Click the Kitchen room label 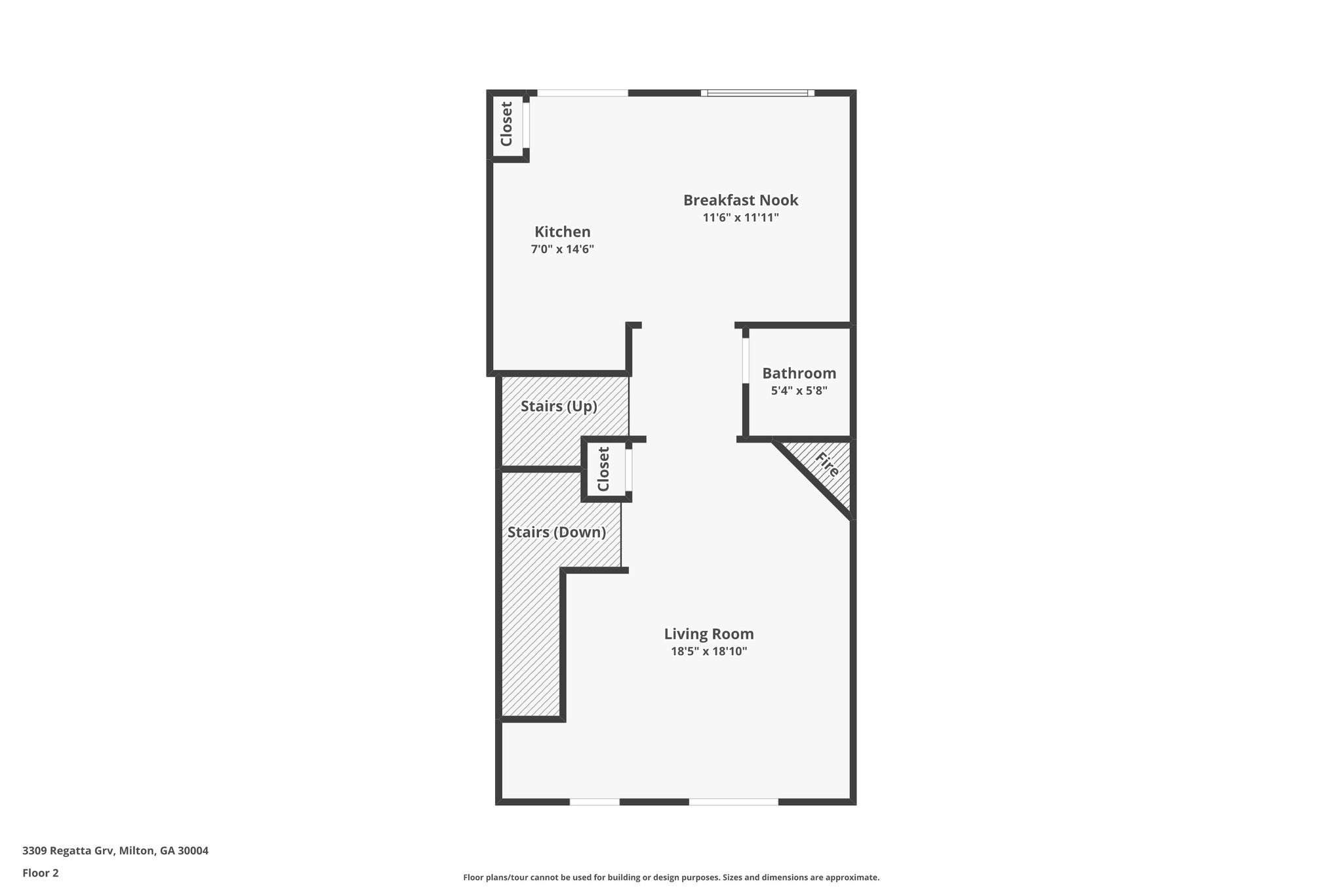point(562,231)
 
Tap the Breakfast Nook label point(740,200)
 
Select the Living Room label point(708,634)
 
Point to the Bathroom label point(799,373)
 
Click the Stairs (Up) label point(559,407)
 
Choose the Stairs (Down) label point(556,532)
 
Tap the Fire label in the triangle point(828,464)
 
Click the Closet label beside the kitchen point(506,124)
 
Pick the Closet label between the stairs point(603,469)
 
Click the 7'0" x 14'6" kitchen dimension point(562,249)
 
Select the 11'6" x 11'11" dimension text point(740,218)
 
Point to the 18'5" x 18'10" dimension point(708,652)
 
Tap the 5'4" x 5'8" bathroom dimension point(799,391)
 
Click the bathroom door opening point(746,360)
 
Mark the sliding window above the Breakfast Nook point(757,93)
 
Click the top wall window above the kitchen point(582,93)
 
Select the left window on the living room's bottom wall point(594,801)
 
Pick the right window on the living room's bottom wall point(733,801)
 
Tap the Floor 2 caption point(41,873)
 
